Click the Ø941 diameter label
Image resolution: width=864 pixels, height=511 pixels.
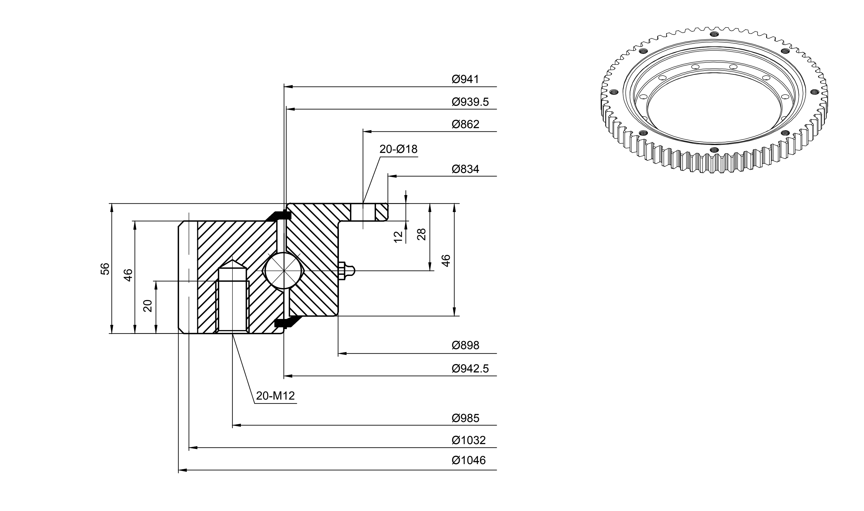pyautogui.click(x=465, y=79)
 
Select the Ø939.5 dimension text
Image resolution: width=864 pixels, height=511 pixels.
pyautogui.click(x=470, y=102)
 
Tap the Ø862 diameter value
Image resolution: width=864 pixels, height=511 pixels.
pyautogui.click(x=465, y=124)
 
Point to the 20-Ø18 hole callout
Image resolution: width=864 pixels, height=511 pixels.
pyautogui.click(x=398, y=149)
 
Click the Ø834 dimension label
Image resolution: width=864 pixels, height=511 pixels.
pyautogui.click(x=465, y=169)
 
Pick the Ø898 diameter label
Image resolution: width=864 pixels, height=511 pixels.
pyautogui.click(x=465, y=345)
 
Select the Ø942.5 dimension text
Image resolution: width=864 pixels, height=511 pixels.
pyautogui.click(x=470, y=369)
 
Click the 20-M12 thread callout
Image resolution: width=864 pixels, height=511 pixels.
pyautogui.click(x=275, y=396)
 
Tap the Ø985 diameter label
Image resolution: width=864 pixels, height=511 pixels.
pyautogui.click(x=465, y=418)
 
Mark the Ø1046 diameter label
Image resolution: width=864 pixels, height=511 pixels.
pyautogui.click(x=469, y=461)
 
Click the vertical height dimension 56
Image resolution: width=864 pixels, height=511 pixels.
pyautogui.click(x=105, y=269)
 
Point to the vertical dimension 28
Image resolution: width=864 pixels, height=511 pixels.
pyautogui.click(x=421, y=234)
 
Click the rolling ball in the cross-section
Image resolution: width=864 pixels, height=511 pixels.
pyautogui.click(x=283, y=271)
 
